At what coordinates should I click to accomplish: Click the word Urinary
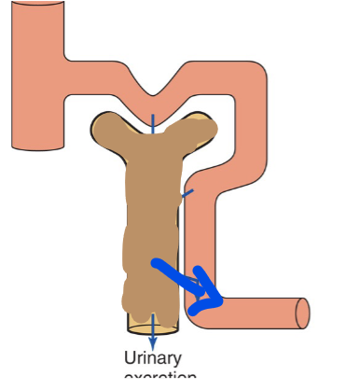pos(152,358)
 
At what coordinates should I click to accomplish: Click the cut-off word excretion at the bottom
pos(159,378)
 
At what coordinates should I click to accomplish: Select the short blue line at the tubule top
pos(154,120)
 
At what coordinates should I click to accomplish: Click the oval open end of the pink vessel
pos(303,313)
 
